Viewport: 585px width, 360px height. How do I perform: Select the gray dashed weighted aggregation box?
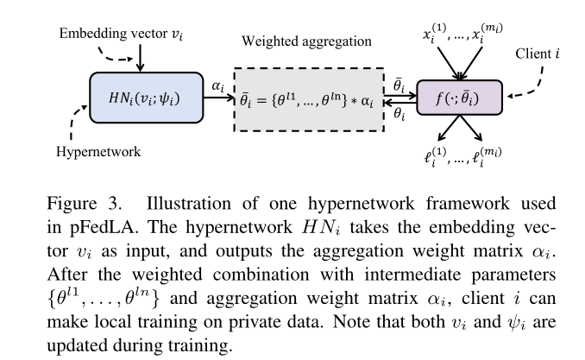(309, 98)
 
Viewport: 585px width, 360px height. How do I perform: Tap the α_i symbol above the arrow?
(217, 86)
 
